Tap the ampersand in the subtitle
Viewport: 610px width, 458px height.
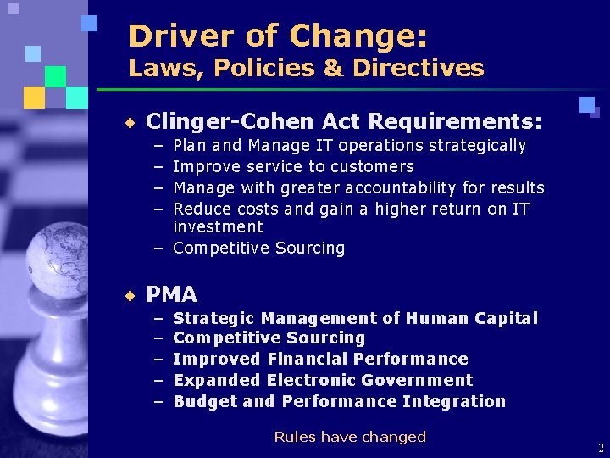pyautogui.click(x=318, y=68)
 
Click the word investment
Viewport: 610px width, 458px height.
pyautogui.click(x=218, y=227)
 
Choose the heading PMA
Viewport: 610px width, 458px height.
pyautogui.click(x=172, y=295)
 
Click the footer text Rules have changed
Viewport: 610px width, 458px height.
pyautogui.click(x=349, y=437)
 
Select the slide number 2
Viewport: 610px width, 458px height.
pyautogui.click(x=601, y=448)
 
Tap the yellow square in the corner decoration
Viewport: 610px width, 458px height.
pyautogui.click(x=34, y=98)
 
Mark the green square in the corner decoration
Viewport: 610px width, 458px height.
pyautogui.click(x=55, y=76)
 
